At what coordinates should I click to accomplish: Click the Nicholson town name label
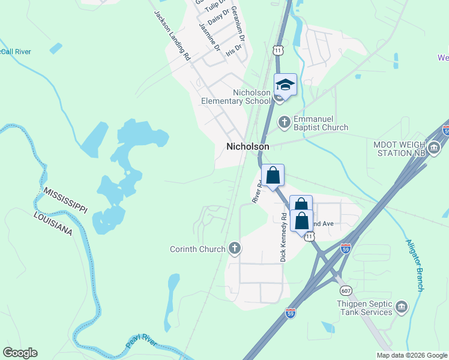click(x=247, y=146)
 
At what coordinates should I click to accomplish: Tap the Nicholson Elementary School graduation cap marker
click(x=286, y=85)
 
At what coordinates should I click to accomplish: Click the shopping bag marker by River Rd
click(x=273, y=176)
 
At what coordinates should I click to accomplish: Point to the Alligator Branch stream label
click(x=415, y=266)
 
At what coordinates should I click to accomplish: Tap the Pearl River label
click(x=142, y=344)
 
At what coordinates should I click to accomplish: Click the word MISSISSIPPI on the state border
click(x=65, y=199)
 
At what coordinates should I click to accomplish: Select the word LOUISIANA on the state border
click(x=53, y=223)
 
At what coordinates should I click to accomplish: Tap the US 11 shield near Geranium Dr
click(x=277, y=50)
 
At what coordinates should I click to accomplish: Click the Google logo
click(x=20, y=352)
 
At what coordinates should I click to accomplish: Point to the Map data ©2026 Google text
click(x=412, y=355)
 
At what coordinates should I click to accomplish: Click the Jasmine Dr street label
click(x=209, y=37)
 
